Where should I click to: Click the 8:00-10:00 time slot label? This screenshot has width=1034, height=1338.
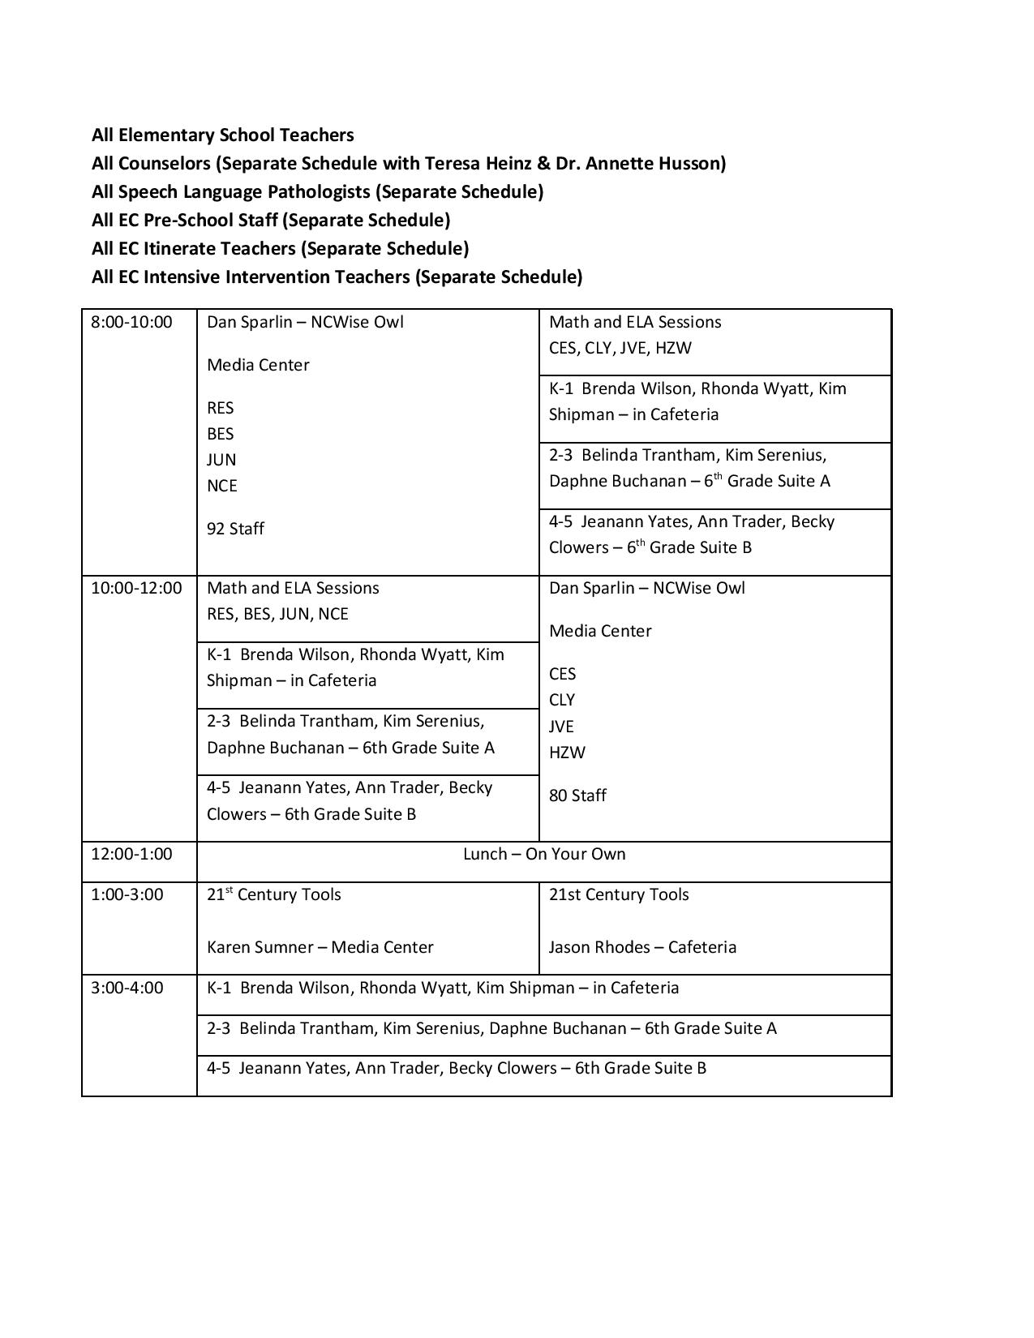131,322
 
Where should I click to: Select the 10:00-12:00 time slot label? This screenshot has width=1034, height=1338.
136,588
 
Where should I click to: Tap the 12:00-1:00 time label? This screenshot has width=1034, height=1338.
131,854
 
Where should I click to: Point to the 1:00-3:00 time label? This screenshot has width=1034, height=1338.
127,894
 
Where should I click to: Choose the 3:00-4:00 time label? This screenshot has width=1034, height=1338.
127,988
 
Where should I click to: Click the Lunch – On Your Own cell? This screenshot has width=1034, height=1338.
543,854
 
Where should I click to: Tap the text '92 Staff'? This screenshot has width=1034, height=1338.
235,529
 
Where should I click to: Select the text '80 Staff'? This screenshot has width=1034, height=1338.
577,796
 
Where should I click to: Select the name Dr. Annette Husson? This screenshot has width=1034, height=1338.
637,164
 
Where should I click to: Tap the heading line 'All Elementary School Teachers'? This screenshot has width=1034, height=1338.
223,135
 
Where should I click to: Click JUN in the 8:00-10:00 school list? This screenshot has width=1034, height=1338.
221,460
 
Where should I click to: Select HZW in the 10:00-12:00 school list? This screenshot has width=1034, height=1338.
567,753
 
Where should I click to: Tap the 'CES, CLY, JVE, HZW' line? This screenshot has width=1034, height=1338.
620,348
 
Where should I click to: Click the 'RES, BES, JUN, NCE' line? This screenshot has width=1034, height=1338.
277,614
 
